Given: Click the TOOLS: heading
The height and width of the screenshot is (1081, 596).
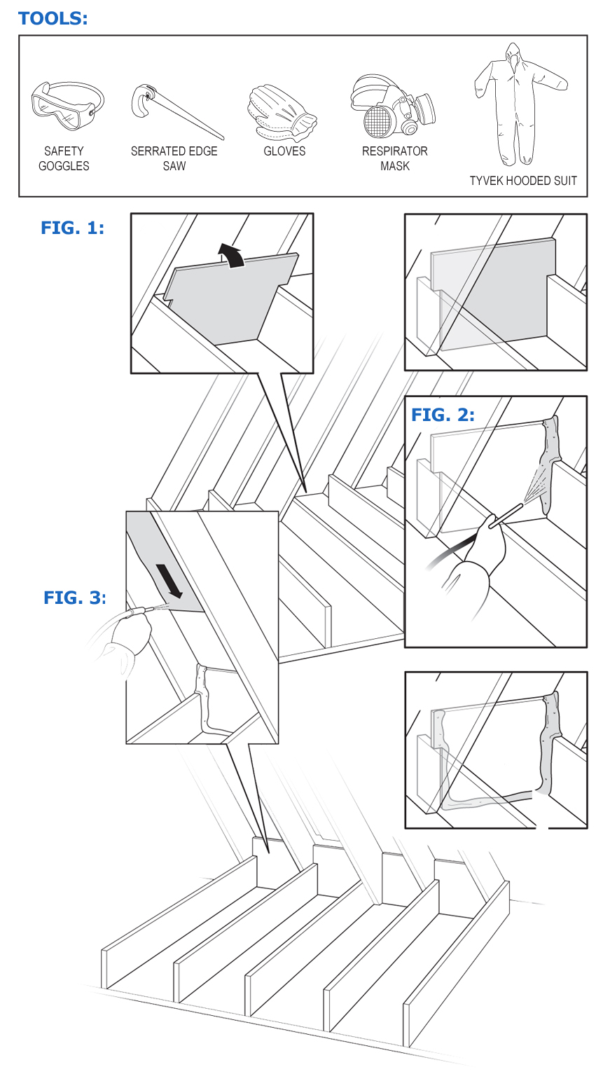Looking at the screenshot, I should (53, 18).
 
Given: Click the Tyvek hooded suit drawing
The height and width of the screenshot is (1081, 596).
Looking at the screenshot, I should (522, 105).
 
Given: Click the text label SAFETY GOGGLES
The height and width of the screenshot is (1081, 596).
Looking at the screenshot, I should (64, 158).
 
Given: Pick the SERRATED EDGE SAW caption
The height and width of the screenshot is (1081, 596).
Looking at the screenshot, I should (174, 158).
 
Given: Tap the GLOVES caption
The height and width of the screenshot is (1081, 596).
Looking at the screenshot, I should (284, 151).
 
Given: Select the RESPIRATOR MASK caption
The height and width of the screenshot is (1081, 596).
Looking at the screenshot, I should (394, 158).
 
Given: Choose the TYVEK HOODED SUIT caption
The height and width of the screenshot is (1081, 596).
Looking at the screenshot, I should (523, 181).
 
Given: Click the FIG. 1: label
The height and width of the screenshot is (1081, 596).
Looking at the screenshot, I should (72, 228).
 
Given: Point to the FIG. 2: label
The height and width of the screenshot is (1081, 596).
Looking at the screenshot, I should (443, 415).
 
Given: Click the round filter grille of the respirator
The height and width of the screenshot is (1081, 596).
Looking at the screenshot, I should (379, 120).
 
